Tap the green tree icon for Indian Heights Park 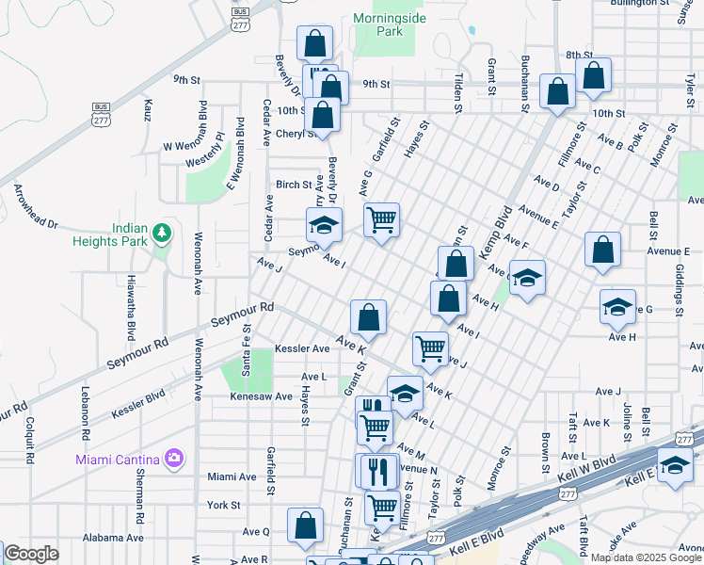tap(163, 232)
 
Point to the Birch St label tap(293, 185)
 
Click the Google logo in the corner tap(31, 554)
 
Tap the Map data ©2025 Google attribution tap(646, 557)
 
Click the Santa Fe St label tap(247, 348)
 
